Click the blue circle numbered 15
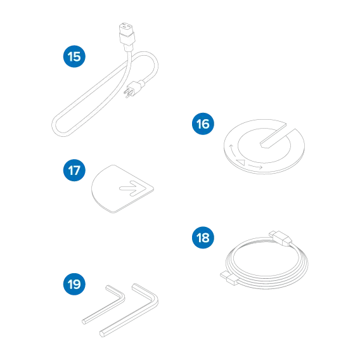(x=74, y=56)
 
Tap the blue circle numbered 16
(x=203, y=124)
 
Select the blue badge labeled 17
(x=74, y=170)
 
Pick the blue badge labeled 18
(x=203, y=238)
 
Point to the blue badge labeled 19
(x=74, y=284)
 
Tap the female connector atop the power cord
(x=126, y=35)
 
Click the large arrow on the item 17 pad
(x=132, y=188)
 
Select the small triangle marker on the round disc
(x=241, y=162)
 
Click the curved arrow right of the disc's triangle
(x=255, y=167)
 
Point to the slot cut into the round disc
(x=278, y=137)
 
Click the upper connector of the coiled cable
(x=281, y=238)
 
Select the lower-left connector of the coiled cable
(x=229, y=278)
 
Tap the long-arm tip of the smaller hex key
(x=84, y=322)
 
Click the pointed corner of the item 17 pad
(x=153, y=189)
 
